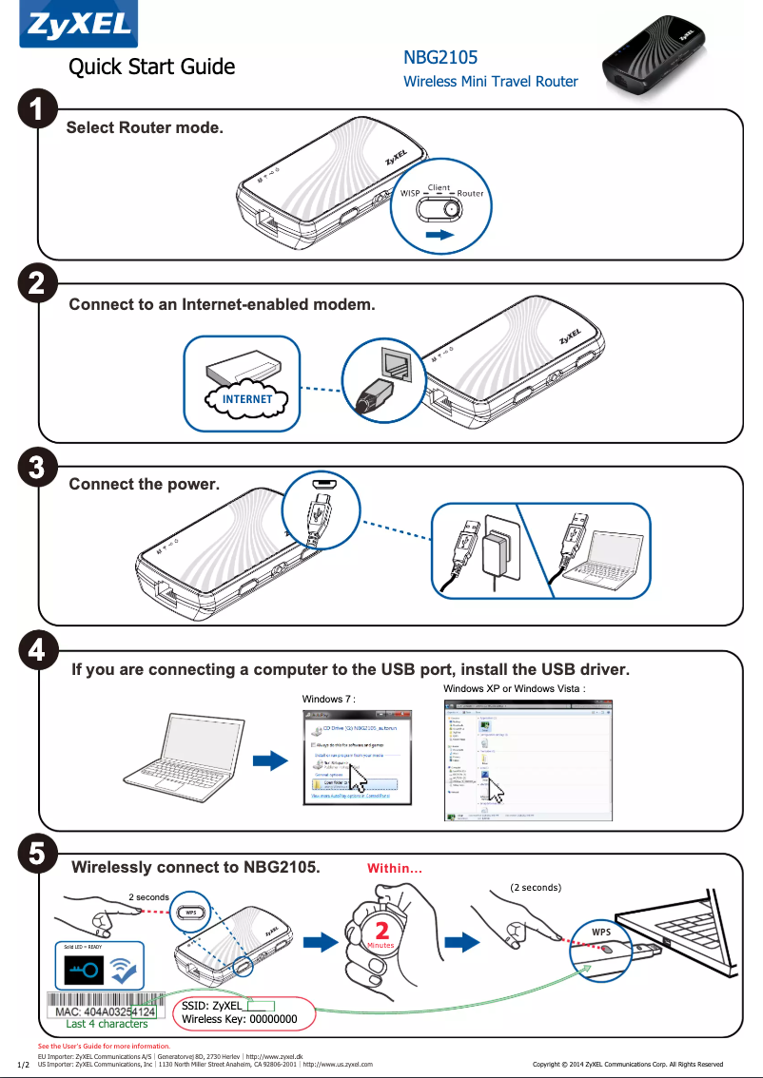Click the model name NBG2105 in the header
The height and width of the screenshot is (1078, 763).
(x=440, y=59)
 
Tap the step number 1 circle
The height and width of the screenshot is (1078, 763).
(x=37, y=111)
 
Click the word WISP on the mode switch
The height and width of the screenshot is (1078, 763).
(x=410, y=193)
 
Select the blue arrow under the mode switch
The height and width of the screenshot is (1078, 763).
(x=440, y=232)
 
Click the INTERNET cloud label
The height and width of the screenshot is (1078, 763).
(x=246, y=399)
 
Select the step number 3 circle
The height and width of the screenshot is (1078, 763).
(x=37, y=468)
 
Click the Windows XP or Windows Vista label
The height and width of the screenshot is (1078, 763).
(x=514, y=688)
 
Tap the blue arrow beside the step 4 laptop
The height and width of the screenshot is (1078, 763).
(x=269, y=760)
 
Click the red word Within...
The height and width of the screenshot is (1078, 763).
(x=394, y=868)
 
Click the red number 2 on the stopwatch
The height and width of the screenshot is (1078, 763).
(x=381, y=929)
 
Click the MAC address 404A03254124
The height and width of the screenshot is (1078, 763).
(x=105, y=1011)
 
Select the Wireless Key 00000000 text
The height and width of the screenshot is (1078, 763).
(x=240, y=1019)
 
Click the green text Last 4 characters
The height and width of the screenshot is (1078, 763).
(x=107, y=1024)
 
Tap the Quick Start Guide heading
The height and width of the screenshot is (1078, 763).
(x=151, y=67)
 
